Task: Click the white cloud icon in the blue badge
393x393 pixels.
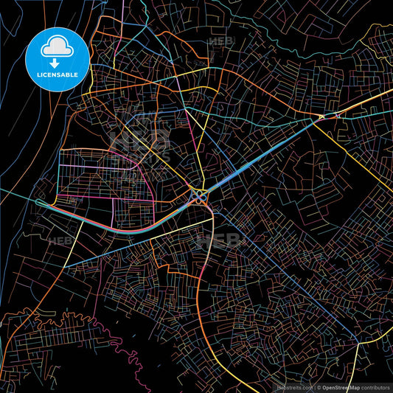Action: pyautogui.click(x=57, y=46)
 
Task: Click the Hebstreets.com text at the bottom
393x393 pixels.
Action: pyautogui.click(x=294, y=386)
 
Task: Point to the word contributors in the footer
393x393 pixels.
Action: pyautogui.click(x=377, y=386)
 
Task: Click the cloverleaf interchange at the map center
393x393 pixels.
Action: pyautogui.click(x=199, y=196)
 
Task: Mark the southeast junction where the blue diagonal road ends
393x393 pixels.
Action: pyautogui.click(x=358, y=342)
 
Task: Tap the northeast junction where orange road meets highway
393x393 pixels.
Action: pyautogui.click(x=322, y=116)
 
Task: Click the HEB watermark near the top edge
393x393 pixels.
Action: pyautogui.click(x=220, y=43)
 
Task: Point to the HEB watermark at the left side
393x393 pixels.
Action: pyautogui.click(x=59, y=240)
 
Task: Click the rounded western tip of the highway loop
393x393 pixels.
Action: pyautogui.click(x=38, y=201)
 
